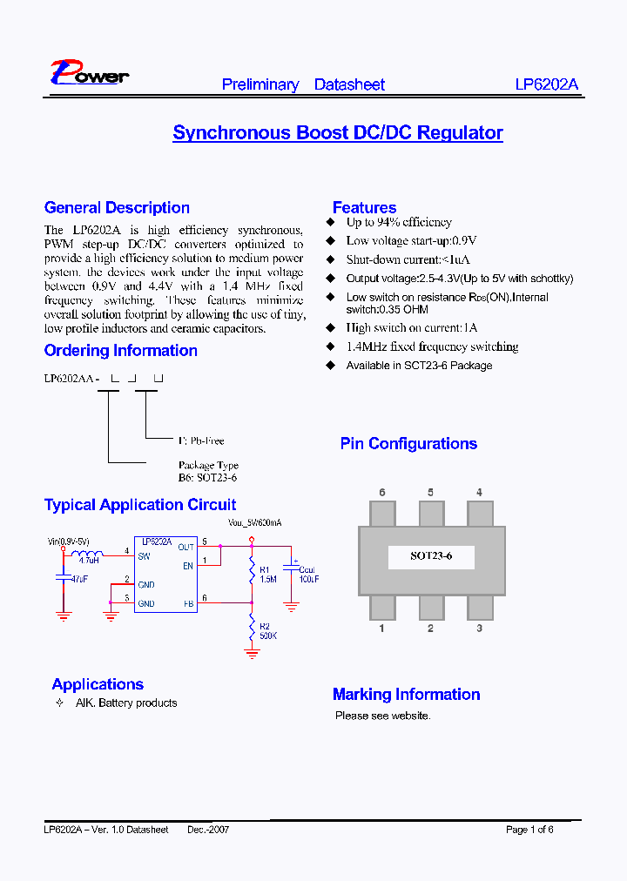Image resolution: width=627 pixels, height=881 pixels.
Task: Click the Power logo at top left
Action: [89, 73]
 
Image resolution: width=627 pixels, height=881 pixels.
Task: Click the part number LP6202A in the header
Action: [546, 84]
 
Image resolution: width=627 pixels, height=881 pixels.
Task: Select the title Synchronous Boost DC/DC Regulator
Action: [338, 133]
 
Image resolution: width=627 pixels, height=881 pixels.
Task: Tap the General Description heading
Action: [117, 208]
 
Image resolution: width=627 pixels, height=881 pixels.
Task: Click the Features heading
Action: [364, 208]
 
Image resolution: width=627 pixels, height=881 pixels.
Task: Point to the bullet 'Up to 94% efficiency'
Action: [399, 223]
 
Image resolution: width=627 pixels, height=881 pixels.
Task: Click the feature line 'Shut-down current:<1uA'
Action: [408, 260]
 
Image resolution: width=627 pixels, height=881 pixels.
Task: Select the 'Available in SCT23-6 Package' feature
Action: [419, 366]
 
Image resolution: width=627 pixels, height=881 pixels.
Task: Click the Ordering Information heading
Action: [120, 351]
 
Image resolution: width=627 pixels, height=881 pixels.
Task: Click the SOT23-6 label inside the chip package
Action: [431, 556]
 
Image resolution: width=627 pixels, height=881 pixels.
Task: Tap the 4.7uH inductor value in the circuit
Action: [89, 562]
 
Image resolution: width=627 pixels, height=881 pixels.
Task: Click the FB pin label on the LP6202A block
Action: [187, 603]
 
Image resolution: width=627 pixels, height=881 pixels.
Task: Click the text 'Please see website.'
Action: [382, 716]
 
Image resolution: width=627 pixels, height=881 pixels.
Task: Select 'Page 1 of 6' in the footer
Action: [529, 830]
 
